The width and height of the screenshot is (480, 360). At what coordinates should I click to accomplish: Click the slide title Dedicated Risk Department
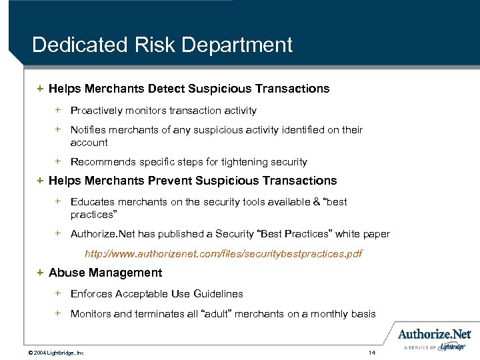coord(162,45)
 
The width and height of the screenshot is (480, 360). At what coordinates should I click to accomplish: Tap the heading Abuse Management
coord(105,273)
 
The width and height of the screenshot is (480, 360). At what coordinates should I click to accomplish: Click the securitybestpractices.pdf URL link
coord(223,254)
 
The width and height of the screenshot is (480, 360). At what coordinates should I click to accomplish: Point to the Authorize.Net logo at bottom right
coord(435,334)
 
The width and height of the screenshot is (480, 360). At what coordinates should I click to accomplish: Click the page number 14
coord(372,351)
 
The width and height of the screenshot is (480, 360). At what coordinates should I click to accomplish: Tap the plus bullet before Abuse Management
coord(40,273)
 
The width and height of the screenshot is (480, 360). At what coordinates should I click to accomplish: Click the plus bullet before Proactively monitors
coord(58,110)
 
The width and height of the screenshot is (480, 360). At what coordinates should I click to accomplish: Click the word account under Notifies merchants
coord(89,143)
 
